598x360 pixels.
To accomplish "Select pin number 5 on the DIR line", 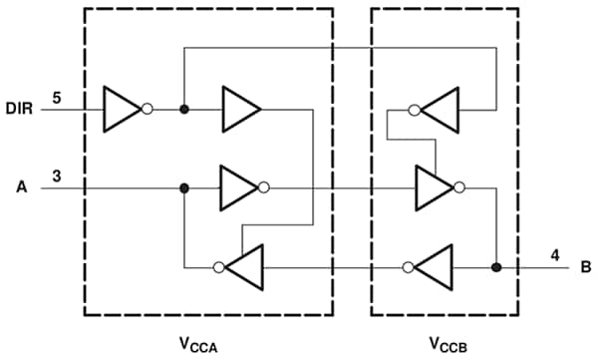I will [x=57, y=97].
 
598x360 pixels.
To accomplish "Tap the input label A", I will [x=21, y=186].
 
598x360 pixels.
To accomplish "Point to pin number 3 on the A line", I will [x=57, y=177].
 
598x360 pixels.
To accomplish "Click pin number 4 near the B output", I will [x=554, y=256].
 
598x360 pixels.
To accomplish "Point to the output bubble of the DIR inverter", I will [x=148, y=107].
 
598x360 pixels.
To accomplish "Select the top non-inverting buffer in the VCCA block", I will [x=240, y=107].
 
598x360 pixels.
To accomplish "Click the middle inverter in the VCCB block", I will [x=433, y=186].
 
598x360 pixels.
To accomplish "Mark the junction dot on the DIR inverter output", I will [x=183, y=107].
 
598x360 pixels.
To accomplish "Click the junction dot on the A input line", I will [x=183, y=186].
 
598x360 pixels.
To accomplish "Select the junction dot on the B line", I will [x=495, y=267].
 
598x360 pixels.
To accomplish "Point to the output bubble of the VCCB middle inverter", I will [x=458, y=186].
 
